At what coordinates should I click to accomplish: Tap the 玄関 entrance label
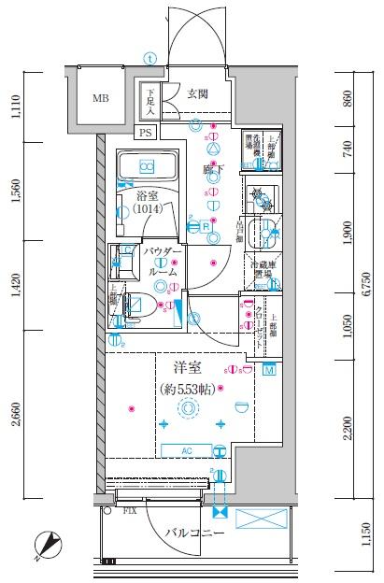197,93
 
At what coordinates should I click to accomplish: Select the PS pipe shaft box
146,134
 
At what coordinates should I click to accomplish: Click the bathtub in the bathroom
147,167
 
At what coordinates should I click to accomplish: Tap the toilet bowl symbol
135,306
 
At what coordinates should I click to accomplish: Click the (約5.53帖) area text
190,390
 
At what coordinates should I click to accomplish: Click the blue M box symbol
269,370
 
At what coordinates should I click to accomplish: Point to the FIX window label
131,511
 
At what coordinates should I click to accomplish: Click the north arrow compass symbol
47,543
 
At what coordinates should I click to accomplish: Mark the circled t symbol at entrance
149,57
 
